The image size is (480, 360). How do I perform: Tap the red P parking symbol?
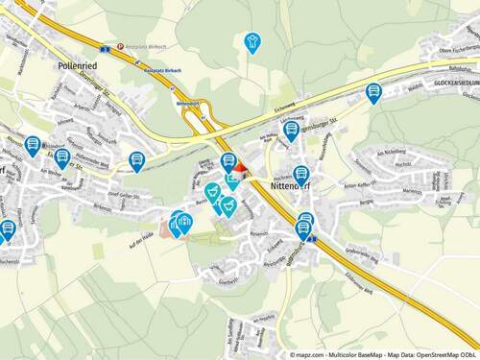119,44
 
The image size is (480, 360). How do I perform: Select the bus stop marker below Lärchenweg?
291,130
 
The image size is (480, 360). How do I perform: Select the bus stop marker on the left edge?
8,228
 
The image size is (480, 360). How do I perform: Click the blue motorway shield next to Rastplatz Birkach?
103,46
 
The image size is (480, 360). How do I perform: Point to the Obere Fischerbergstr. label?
455,49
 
